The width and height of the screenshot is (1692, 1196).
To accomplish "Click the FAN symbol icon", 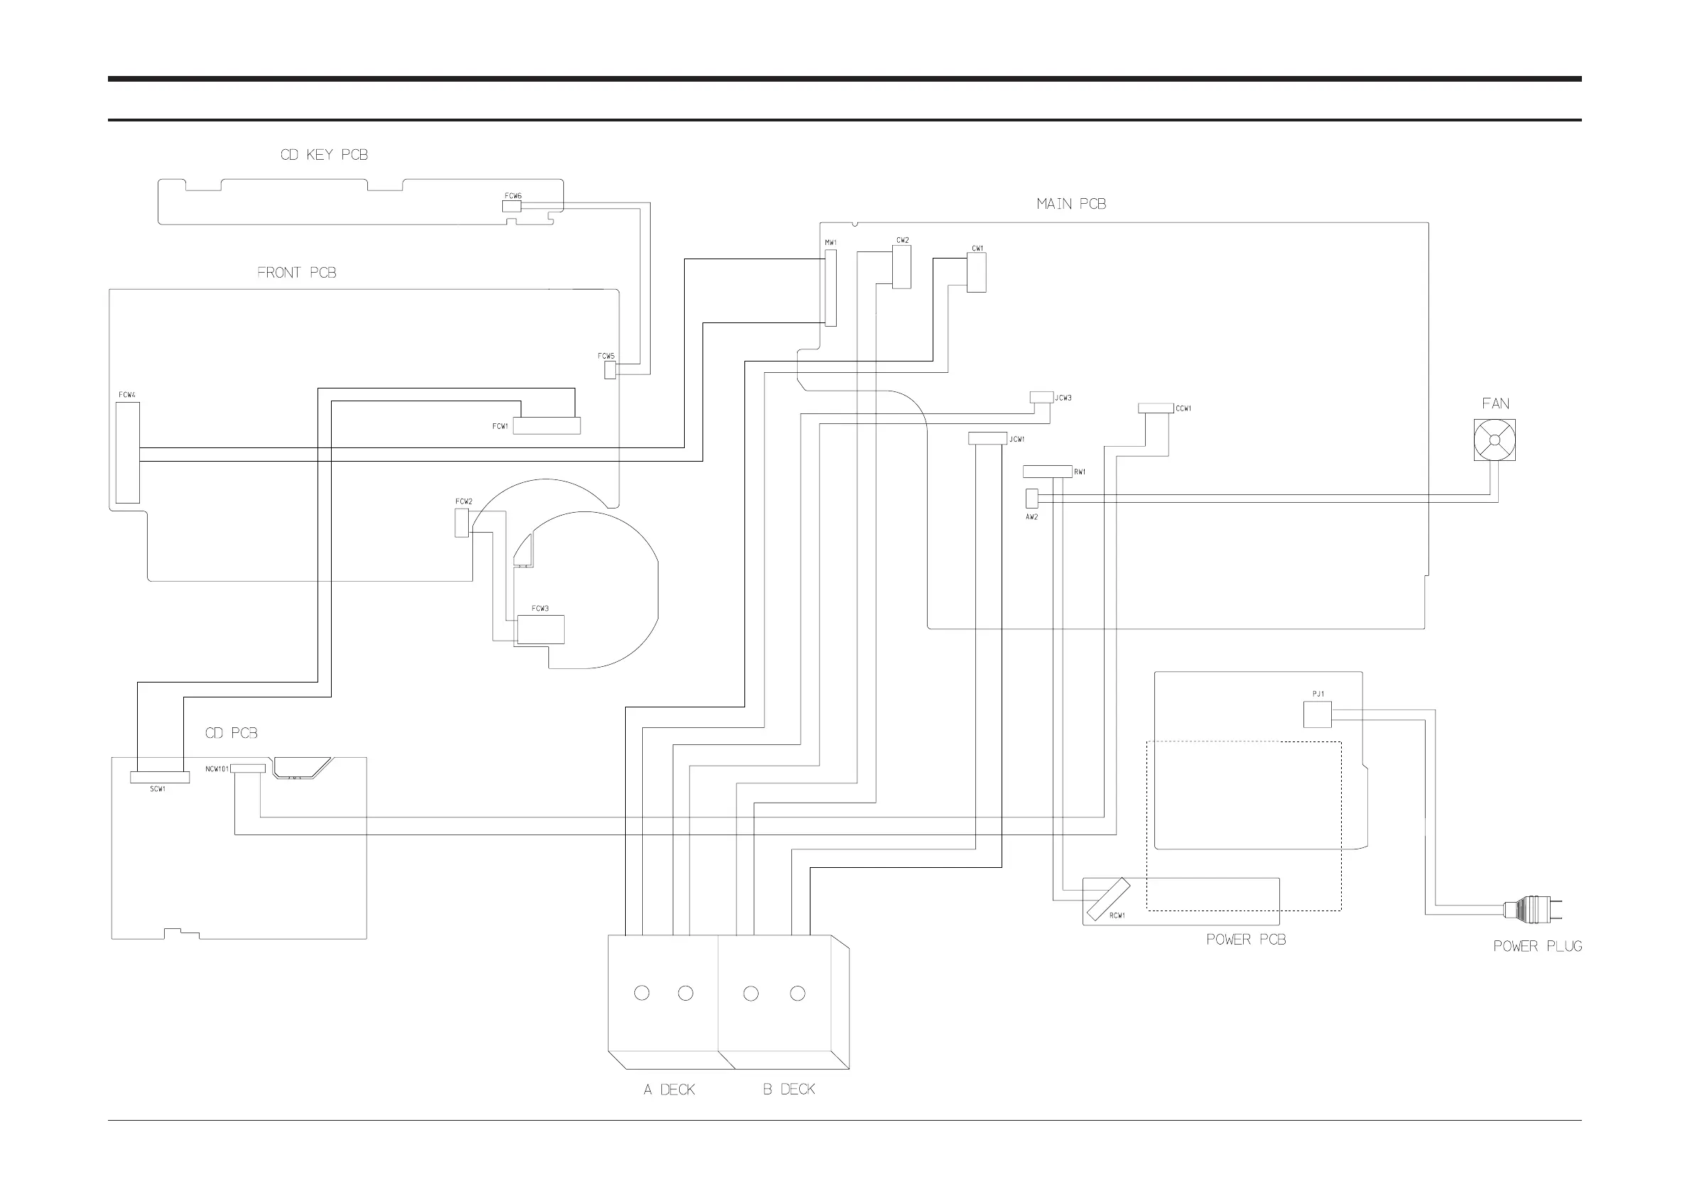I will tap(1494, 440).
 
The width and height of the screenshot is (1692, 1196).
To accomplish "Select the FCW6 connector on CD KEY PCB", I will tap(511, 207).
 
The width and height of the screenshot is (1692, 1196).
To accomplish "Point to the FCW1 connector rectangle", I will tap(546, 426).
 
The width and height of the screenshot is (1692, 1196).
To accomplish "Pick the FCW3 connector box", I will tap(540, 629).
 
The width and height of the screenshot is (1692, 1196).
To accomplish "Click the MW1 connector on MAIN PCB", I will tap(830, 288).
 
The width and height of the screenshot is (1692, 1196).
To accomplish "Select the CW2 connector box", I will tap(901, 267).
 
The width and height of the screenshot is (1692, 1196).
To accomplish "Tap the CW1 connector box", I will tap(977, 272).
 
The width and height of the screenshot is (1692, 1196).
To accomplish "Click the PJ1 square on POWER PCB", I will tap(1317, 714).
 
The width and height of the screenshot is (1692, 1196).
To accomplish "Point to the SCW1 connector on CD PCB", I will tap(159, 778).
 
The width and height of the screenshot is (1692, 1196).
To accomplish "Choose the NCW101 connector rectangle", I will tap(248, 768).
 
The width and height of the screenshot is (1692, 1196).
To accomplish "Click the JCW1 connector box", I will tap(987, 438).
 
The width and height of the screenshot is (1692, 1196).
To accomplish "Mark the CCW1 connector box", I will tap(1155, 408).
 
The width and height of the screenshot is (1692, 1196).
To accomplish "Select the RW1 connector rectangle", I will tap(1046, 472).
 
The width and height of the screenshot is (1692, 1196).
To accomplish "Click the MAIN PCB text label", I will tap(1070, 204).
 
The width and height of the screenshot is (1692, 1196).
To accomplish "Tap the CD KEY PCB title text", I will tap(323, 155).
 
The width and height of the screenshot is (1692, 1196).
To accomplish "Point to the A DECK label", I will tap(668, 1090).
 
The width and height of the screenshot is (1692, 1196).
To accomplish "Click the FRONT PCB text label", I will tap(296, 273).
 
